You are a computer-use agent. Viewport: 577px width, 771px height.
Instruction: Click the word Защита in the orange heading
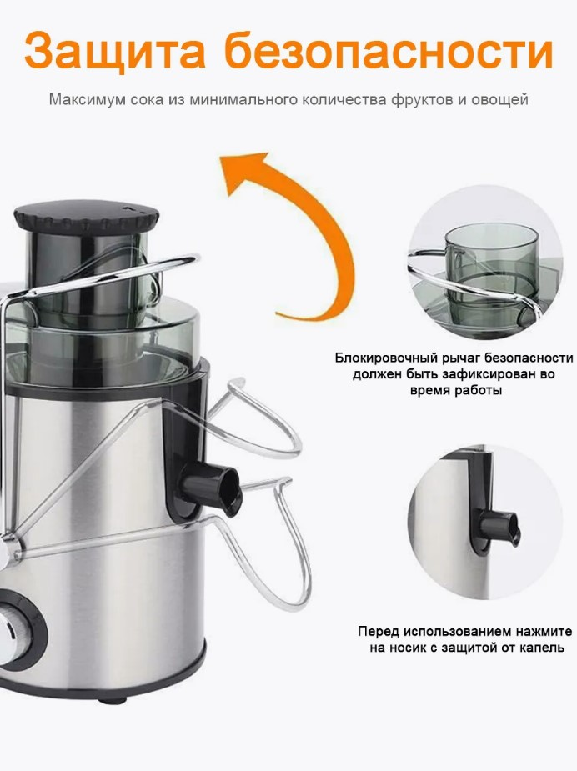[114, 50]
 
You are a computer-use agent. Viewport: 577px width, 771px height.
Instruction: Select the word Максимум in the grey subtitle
[88, 100]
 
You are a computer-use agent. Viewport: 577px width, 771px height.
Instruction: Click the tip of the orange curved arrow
[221, 159]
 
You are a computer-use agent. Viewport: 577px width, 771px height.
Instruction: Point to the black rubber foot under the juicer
[113, 698]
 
